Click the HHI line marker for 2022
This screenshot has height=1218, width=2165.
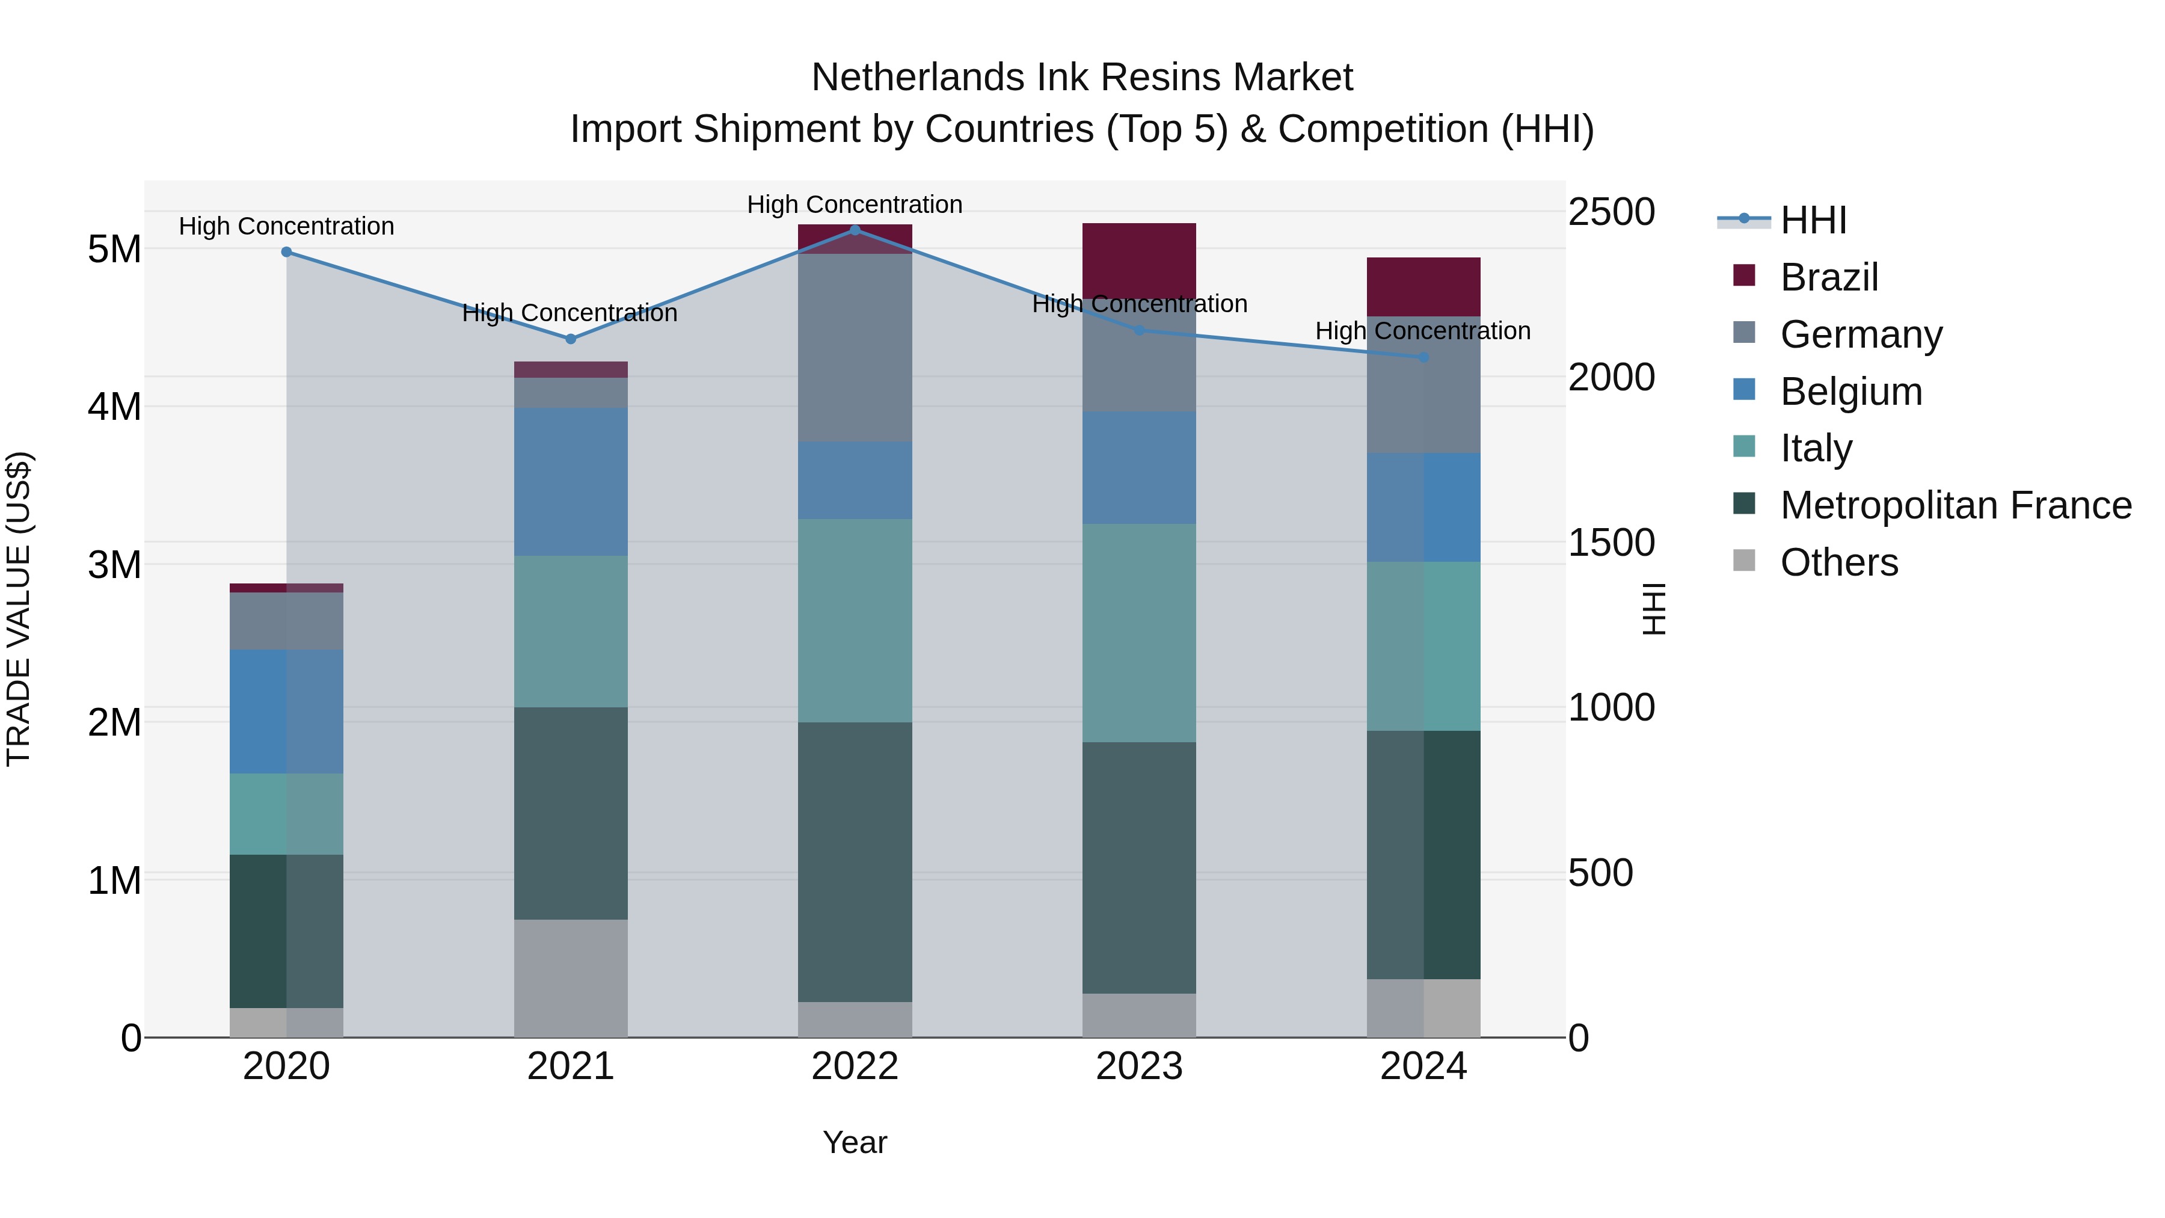click(x=855, y=230)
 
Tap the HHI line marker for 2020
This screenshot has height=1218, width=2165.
click(x=287, y=252)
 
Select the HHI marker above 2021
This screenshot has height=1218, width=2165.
click(x=571, y=339)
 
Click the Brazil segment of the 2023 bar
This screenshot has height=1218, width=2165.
click(x=1139, y=260)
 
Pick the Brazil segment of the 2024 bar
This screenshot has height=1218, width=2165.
click(x=1423, y=287)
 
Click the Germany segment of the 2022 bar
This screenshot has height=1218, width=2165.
click(x=855, y=347)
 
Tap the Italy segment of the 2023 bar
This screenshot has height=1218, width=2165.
click(x=1139, y=632)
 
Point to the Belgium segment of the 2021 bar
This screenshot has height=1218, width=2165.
click(x=571, y=482)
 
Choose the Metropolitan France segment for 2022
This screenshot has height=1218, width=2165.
click(x=855, y=861)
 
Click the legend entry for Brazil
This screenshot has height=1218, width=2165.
click(x=1829, y=277)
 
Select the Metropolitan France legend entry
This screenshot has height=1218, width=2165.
click(x=1955, y=505)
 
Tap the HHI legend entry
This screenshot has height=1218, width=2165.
click(x=1813, y=220)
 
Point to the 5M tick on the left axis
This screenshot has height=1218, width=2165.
click(x=114, y=249)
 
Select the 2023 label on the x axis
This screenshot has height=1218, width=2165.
click(x=1139, y=1066)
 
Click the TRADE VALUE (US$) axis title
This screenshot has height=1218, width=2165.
click(x=19, y=609)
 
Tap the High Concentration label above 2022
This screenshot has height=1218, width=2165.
click(x=855, y=205)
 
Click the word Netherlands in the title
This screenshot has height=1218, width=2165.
click(x=917, y=78)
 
